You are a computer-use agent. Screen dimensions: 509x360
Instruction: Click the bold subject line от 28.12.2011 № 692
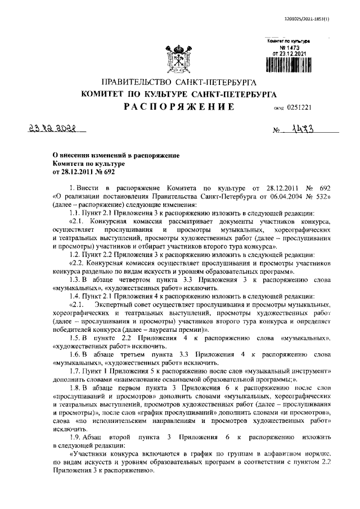point(75,172)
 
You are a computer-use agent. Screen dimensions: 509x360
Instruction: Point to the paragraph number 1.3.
point(74,280)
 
